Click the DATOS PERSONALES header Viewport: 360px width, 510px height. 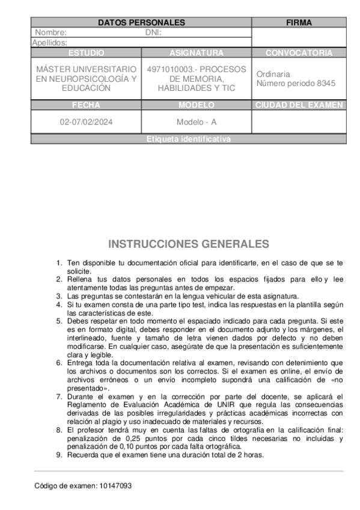(x=141, y=22)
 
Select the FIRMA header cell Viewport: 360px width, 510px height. (x=299, y=22)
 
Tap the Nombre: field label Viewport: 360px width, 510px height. (x=51, y=32)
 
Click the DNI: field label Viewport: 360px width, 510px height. (x=153, y=32)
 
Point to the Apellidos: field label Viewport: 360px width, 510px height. (x=49, y=43)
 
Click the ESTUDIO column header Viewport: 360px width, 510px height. (x=86, y=53)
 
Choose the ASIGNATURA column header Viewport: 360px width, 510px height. (x=197, y=53)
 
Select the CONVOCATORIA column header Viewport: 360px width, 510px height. (x=299, y=53)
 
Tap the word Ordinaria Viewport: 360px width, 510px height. (x=273, y=74)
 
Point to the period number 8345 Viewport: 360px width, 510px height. (x=326, y=84)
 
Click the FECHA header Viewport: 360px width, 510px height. (x=86, y=105)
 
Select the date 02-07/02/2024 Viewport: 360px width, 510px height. (x=86, y=122)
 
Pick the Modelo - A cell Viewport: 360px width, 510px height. (x=197, y=122)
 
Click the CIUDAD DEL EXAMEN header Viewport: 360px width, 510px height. (x=299, y=105)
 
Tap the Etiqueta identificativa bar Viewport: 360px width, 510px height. (x=188, y=140)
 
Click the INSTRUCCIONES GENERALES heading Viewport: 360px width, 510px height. (x=189, y=244)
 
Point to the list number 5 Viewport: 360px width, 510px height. (x=59, y=321)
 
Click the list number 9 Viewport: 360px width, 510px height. (x=59, y=455)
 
